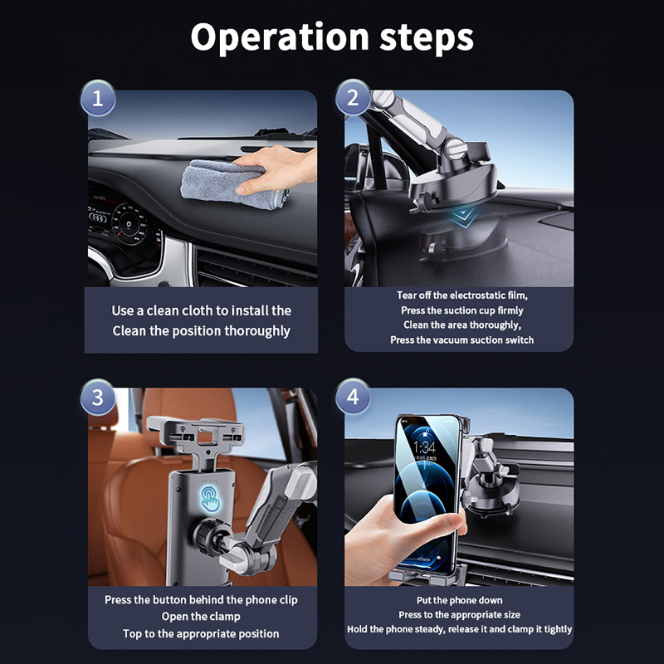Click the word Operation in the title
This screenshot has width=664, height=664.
pyautogui.click(x=280, y=37)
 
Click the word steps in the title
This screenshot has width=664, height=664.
pyautogui.click(x=427, y=38)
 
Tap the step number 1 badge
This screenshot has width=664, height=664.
pyautogui.click(x=98, y=98)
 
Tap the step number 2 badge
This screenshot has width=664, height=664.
pyautogui.click(x=353, y=98)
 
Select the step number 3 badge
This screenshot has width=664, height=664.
pyautogui.click(x=98, y=398)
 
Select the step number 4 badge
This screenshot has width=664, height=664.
pyautogui.click(x=353, y=397)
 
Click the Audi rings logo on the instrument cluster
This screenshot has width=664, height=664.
pyautogui.click(x=98, y=217)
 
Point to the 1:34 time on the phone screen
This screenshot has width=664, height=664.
pyautogui.click(x=424, y=447)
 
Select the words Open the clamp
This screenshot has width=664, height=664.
pyautogui.click(x=201, y=617)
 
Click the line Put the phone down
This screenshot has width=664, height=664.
pyautogui.click(x=460, y=600)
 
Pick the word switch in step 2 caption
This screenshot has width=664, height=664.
pyautogui.click(x=520, y=340)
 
